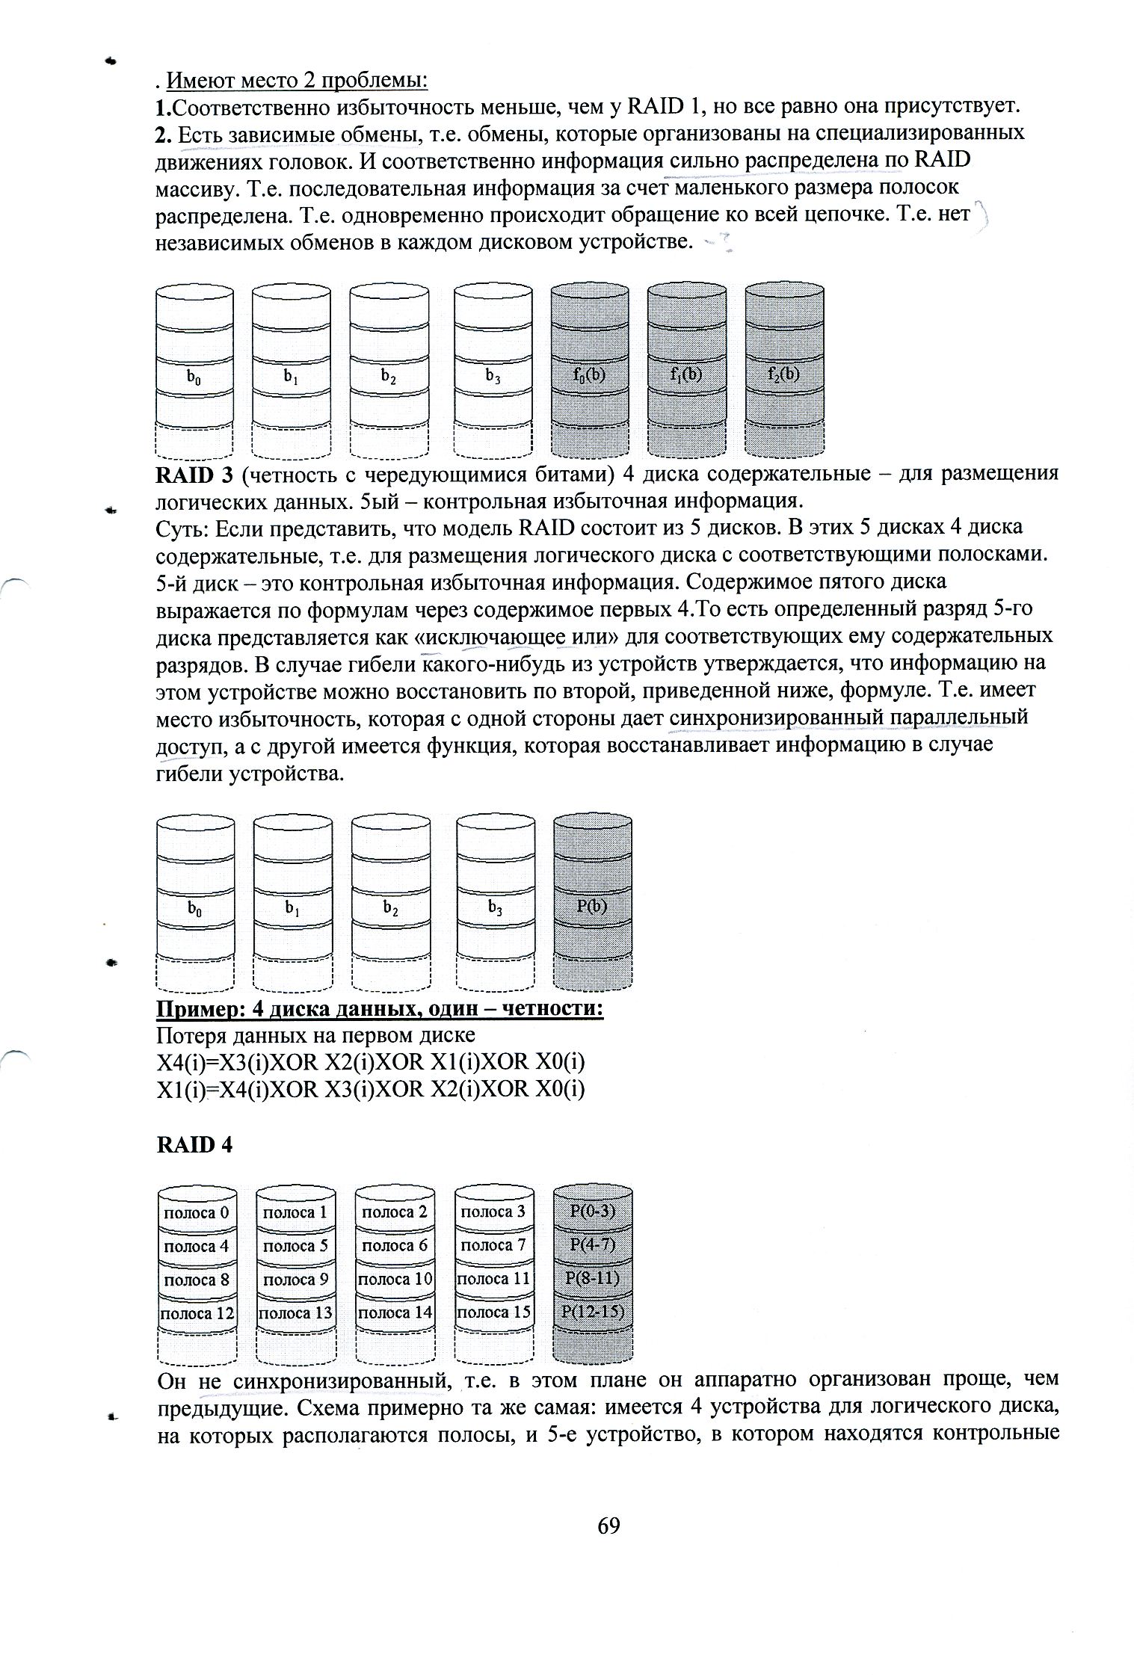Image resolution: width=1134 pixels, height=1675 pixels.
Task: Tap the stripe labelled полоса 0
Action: pyautogui.click(x=197, y=1212)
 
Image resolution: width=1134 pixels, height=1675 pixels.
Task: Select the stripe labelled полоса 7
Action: pyautogui.click(x=493, y=1245)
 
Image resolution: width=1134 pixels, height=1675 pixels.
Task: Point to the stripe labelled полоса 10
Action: pyautogui.click(x=395, y=1279)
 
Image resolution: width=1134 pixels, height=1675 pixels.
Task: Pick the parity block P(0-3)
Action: pyautogui.click(x=593, y=1212)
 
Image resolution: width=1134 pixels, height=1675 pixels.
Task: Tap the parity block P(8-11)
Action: pyautogui.click(x=593, y=1279)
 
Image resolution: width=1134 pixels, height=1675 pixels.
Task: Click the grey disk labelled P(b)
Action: pyautogui.click(x=593, y=906)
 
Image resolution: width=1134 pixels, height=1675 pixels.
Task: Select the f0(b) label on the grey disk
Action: pyautogui.click(x=590, y=374)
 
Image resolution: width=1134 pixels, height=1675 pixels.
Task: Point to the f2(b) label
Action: pyautogui.click(x=784, y=374)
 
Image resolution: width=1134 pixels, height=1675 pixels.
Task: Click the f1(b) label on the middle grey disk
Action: pyautogui.click(x=687, y=374)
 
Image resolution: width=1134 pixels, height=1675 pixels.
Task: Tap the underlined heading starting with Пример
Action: pyautogui.click(x=380, y=1010)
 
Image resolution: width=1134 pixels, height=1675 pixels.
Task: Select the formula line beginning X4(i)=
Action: pyautogui.click(x=370, y=1062)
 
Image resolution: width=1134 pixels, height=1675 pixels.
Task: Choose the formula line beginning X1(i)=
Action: pyautogui.click(x=370, y=1089)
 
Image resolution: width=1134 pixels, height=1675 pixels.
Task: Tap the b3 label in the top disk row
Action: pyautogui.click(x=493, y=377)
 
